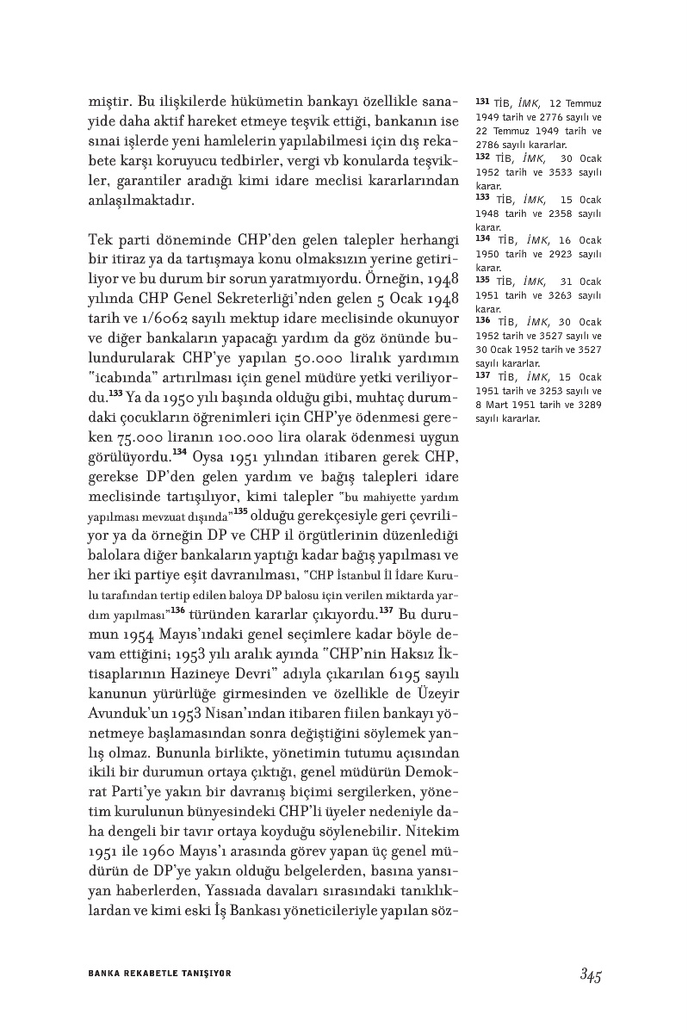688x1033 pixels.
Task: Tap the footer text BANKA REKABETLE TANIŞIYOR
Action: coord(160,973)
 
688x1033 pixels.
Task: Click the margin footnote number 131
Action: coord(482,101)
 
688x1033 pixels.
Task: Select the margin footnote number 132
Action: coord(482,158)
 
